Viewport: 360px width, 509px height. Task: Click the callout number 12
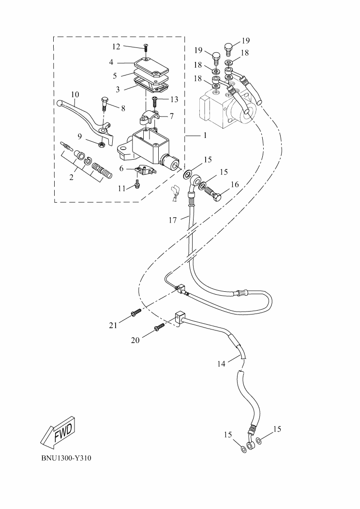(x=116, y=46)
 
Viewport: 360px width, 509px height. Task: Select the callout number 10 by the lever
(x=75, y=94)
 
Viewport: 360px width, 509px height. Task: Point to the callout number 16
(x=235, y=184)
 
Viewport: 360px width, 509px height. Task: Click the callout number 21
(x=113, y=326)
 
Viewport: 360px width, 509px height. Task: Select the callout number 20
(x=135, y=340)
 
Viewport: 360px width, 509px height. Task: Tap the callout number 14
(x=221, y=364)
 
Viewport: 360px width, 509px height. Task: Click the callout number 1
(x=205, y=136)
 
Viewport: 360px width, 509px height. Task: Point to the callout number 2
(x=71, y=178)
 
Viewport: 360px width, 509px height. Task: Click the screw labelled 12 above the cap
(x=146, y=47)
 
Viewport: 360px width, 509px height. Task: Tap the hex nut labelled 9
(x=102, y=144)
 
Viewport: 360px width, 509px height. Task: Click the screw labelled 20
(x=159, y=329)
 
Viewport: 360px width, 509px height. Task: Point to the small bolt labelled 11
(x=138, y=183)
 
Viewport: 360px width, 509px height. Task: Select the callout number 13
(x=174, y=100)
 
